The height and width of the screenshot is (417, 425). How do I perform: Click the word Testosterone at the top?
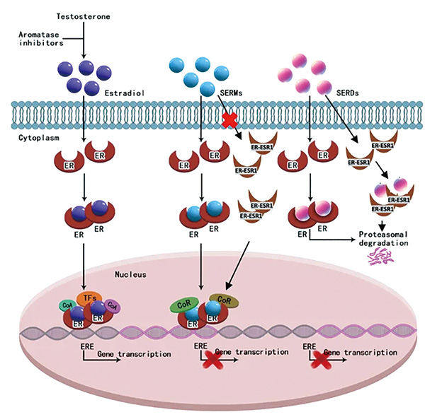coord(84,16)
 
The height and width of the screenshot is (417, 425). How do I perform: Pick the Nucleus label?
coord(130,269)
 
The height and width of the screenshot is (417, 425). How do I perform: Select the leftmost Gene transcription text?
coord(135,353)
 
